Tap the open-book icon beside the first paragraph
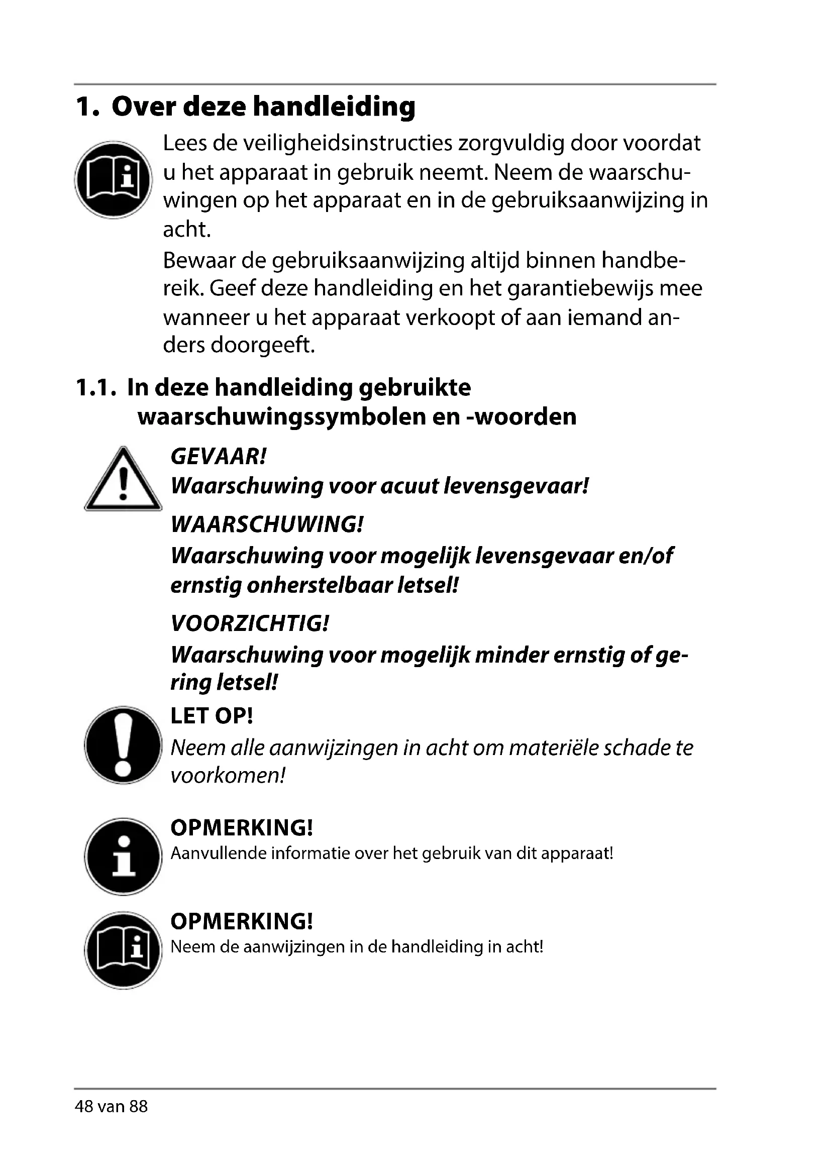click(x=113, y=180)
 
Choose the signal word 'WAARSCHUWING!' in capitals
click(x=267, y=524)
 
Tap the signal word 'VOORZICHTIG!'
click(x=250, y=623)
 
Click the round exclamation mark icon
click(x=123, y=745)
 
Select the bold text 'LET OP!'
click(x=212, y=716)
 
